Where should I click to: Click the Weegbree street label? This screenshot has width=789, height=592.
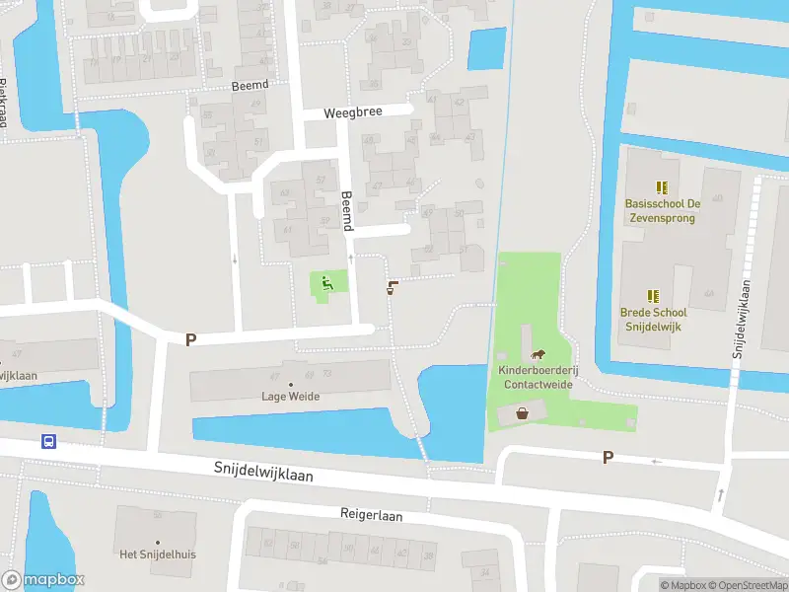pos(352,113)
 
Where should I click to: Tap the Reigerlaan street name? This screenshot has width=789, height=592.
pos(372,515)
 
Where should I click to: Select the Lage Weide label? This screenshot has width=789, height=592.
pos(290,397)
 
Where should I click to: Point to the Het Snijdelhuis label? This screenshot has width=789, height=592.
pos(158,555)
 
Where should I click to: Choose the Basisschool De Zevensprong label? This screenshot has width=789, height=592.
pos(662,210)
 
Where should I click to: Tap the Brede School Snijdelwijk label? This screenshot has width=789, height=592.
pos(652,319)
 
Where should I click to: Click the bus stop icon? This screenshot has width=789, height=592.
pos(48,441)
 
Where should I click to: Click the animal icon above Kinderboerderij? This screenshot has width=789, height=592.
pos(538,355)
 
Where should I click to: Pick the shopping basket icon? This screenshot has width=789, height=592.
pos(522,414)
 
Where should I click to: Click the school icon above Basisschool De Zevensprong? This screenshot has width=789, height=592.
pos(662,186)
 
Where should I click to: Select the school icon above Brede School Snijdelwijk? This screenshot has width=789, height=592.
pos(652,295)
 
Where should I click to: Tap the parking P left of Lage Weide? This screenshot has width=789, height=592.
pos(190,339)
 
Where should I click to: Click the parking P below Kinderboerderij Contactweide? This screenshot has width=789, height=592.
pos(608,458)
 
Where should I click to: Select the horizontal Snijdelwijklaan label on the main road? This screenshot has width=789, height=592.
pos(263,474)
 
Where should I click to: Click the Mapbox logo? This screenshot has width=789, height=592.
pos(43,580)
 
